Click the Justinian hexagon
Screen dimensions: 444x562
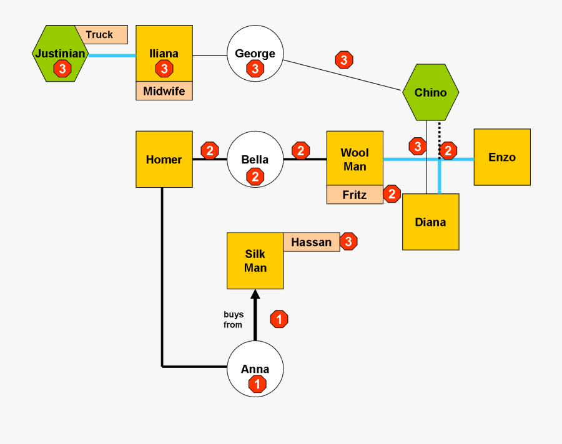pyautogui.click(x=60, y=54)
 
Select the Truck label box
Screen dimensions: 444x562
pyautogui.click(x=101, y=35)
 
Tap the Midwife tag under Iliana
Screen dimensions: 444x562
pyautogui.click(x=164, y=91)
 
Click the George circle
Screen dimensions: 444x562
pyautogui.click(x=255, y=54)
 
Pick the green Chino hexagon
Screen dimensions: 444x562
pyautogui.click(x=430, y=92)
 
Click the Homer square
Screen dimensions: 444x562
pyautogui.click(x=164, y=160)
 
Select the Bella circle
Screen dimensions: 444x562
pyautogui.click(x=255, y=160)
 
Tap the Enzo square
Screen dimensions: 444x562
pyautogui.click(x=502, y=157)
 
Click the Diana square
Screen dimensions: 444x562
pyautogui.click(x=430, y=222)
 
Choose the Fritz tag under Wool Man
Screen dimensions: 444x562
pyautogui.click(x=354, y=195)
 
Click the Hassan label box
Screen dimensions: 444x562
pyautogui.click(x=311, y=242)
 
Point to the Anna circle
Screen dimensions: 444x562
pyautogui.click(x=255, y=369)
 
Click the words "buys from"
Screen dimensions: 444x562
pyautogui.click(x=234, y=319)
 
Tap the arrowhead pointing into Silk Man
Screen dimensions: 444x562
pyautogui.click(x=255, y=295)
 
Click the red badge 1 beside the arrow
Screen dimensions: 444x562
pyautogui.click(x=279, y=319)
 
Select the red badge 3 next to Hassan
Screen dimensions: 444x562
pyautogui.click(x=348, y=241)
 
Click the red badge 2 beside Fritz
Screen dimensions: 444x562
pyautogui.click(x=392, y=194)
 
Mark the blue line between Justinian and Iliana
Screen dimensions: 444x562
pyautogui.click(x=112, y=55)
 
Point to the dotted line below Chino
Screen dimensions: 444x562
pyautogui.click(x=439, y=134)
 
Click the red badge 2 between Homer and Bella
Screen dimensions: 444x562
pyautogui.click(x=209, y=150)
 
